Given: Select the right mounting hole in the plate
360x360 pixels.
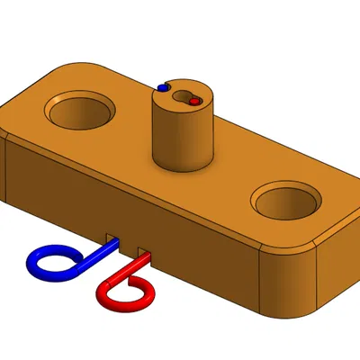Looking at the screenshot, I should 286,202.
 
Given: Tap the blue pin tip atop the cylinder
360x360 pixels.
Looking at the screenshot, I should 163,87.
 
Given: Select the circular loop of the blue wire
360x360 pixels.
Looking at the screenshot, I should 49,261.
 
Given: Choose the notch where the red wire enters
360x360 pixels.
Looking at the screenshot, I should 142,248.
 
